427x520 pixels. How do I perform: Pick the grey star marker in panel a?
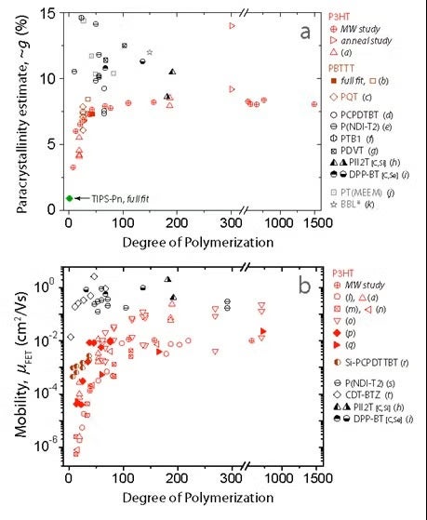[150, 52]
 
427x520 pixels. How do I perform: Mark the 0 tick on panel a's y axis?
[53, 210]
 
